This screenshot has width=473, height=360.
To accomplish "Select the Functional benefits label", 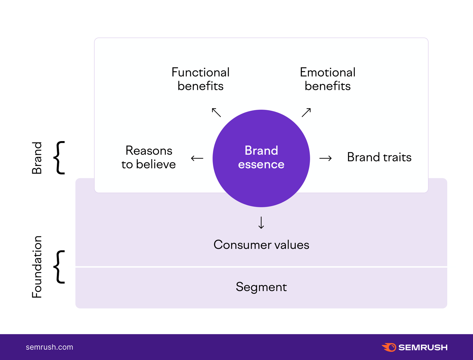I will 200,79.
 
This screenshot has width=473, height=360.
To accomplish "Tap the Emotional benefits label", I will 328,79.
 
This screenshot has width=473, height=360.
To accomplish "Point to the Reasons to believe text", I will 149,157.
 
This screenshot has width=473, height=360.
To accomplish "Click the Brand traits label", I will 379,157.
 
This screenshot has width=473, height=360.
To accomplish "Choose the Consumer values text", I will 261,245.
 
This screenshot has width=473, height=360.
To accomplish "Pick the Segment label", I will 261,287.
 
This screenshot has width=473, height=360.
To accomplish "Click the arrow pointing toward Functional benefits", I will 216,112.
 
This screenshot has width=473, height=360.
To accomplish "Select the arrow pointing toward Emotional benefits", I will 306,112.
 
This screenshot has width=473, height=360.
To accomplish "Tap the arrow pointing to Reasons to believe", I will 197,158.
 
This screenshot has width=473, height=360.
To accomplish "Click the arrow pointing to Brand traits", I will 325,158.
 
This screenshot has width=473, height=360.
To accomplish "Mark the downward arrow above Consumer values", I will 261,223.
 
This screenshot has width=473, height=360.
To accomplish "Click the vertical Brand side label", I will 37,158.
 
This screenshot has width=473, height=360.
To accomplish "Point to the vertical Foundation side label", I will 37,267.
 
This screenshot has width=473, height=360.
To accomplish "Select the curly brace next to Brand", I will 59,158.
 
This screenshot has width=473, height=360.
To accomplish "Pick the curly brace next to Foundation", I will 59,267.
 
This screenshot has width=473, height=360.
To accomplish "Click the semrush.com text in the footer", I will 49,347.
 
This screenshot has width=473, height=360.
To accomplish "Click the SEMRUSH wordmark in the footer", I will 423,347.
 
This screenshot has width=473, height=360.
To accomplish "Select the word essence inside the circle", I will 261,164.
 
